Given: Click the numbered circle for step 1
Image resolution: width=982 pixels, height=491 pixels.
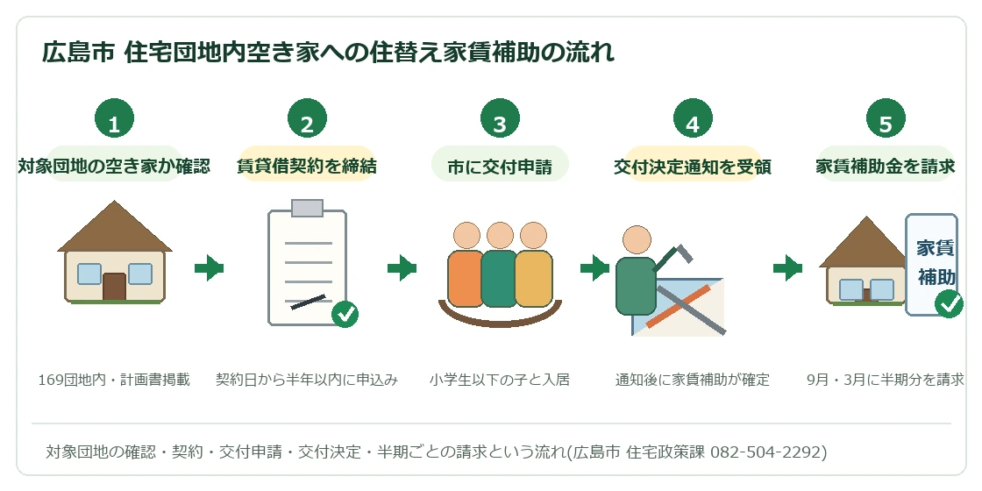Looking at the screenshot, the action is click(114, 118).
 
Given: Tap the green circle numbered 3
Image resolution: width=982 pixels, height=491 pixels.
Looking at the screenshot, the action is click(500, 118).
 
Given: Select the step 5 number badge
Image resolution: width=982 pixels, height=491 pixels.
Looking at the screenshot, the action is click(886, 118).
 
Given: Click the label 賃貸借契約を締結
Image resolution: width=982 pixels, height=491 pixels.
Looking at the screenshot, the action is click(307, 166).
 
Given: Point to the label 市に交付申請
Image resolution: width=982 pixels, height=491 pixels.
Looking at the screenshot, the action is click(500, 167).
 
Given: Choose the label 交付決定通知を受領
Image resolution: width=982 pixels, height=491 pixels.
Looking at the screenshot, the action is click(693, 167).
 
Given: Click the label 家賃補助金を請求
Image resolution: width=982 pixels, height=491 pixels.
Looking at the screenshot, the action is click(886, 166).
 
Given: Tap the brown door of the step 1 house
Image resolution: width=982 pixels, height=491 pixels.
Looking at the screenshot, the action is click(114, 287).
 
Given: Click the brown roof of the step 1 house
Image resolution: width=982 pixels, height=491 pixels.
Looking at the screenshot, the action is click(115, 227).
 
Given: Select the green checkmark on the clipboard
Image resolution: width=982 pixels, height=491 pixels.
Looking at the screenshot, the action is click(345, 314).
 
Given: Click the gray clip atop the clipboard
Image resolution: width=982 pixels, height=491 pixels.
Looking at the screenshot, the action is click(307, 208).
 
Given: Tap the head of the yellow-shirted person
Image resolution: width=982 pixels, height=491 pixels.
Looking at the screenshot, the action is click(534, 236).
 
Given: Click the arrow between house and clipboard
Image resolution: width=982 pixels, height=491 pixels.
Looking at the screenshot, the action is click(210, 268).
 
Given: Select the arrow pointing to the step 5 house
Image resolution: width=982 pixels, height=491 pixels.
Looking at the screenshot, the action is click(788, 268).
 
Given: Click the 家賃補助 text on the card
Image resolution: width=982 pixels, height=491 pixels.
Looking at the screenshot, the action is click(936, 262).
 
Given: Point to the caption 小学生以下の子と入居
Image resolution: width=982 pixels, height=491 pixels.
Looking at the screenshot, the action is click(500, 380).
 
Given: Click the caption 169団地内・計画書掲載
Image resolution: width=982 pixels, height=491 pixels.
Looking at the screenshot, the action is click(114, 380).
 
